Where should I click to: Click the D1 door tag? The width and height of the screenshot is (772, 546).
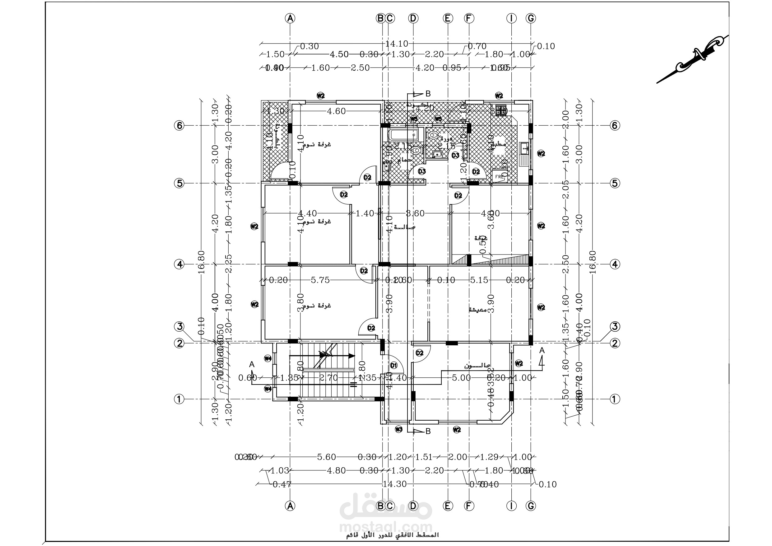pyautogui.click(x=394, y=365)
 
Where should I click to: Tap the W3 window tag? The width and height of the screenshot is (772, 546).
pyautogui.click(x=398, y=429)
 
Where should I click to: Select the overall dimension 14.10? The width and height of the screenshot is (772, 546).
pyautogui.click(x=397, y=44)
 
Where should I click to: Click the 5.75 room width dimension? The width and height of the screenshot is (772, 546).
pyautogui.click(x=320, y=280)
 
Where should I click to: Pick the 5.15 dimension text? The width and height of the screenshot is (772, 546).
pyautogui.click(x=479, y=280)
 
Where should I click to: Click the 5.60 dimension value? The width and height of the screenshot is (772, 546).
pyautogui.click(x=327, y=457)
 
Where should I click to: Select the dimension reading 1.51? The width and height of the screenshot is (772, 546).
pyautogui.click(x=424, y=457)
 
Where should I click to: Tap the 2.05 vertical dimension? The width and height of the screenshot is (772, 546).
pyautogui.click(x=565, y=190)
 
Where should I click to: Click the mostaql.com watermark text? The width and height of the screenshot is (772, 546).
pyautogui.click(x=386, y=527)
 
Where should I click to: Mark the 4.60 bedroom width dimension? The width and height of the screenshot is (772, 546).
pyautogui.click(x=336, y=111)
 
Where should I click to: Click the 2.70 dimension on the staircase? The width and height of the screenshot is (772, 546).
pyautogui.click(x=328, y=378)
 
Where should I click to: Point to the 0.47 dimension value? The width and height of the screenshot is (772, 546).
pyautogui.click(x=282, y=484)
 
